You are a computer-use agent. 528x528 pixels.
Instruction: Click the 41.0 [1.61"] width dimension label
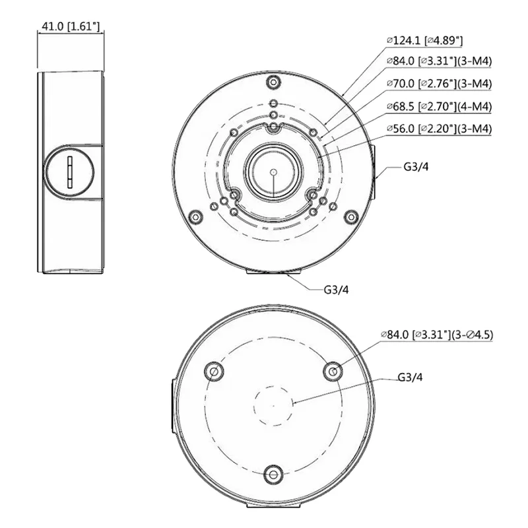(x=71, y=26)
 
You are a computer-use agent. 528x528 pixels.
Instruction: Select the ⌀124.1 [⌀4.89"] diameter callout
(x=424, y=40)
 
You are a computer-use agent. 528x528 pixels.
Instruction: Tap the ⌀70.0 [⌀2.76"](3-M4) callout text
(x=439, y=84)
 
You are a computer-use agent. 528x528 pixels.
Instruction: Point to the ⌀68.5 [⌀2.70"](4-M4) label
(x=439, y=106)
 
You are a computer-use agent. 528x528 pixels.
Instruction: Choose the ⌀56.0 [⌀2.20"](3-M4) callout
(x=439, y=129)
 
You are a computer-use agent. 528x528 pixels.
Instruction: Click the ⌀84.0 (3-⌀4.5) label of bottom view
(x=437, y=335)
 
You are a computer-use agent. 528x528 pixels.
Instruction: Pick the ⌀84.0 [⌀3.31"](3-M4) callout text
(x=439, y=61)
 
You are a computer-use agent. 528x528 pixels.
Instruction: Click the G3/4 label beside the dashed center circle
(x=410, y=377)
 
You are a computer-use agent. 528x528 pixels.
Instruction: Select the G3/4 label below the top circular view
(x=336, y=290)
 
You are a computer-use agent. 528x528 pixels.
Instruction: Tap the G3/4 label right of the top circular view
(x=416, y=167)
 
